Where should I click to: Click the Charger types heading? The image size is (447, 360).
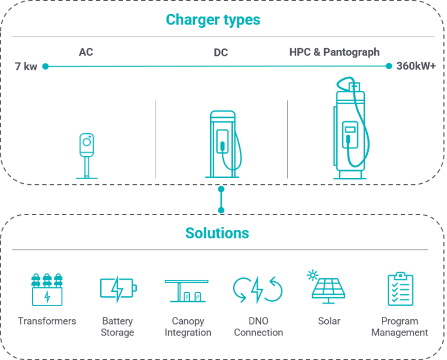tap(213, 20)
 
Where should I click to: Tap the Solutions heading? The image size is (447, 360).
tap(217, 233)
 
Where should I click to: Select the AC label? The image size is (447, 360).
tap(86, 52)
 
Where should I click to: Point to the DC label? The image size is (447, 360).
tap(221, 53)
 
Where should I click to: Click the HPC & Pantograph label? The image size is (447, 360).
tap(334, 52)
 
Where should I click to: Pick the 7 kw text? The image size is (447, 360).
tap(26, 66)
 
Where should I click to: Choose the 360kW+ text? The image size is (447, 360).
tap(416, 66)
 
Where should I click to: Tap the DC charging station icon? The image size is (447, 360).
tap(224, 144)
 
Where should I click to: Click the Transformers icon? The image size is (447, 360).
tap(47, 289)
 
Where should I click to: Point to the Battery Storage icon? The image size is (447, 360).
tap(118, 288)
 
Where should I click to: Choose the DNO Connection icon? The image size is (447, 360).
tap(257, 290)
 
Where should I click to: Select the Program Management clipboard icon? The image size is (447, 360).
tap(400, 288)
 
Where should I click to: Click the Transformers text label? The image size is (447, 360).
tap(47, 321)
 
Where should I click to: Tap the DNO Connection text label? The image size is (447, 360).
tap(258, 327)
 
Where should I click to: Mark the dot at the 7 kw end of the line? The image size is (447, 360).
tap(45, 66)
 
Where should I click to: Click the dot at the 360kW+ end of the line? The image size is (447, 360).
tap(389, 66)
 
